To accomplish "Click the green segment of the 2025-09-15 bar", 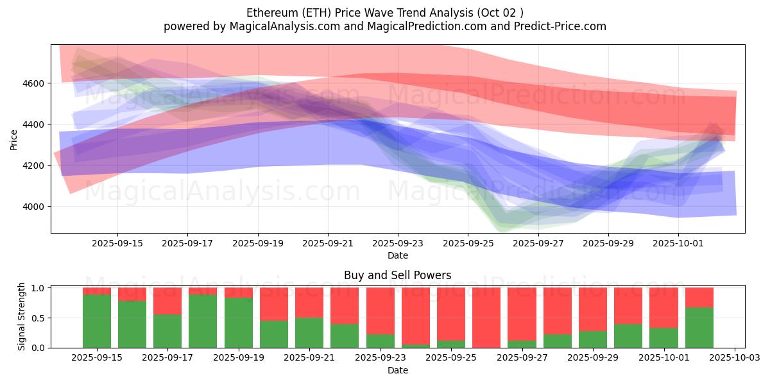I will pos(96,321).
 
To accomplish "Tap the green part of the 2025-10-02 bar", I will pos(699,327).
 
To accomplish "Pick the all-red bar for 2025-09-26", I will pos(486,318).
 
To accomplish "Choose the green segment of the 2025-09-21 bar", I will pos(309,332).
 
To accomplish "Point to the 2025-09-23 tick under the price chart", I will pos(398,244).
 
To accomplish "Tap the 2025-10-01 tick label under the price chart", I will pos(678,244).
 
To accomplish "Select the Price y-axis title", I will pos(14,139).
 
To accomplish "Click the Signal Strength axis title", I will pos(21,317).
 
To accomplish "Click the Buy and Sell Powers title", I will pos(397,275).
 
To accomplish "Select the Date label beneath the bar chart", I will pos(397,370).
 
